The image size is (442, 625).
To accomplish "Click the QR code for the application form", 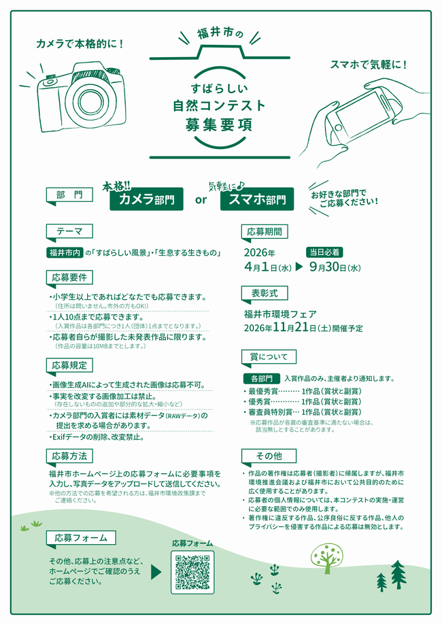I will point(192,572).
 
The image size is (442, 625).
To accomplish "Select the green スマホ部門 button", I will point(257,199).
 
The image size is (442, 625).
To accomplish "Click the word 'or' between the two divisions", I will point(201,200).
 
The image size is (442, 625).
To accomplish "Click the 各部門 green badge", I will point(261,378).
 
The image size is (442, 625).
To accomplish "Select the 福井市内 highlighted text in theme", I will point(65,253).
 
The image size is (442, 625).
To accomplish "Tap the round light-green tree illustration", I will point(325,556).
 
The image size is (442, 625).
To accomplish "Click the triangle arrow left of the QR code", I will point(156,571).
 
